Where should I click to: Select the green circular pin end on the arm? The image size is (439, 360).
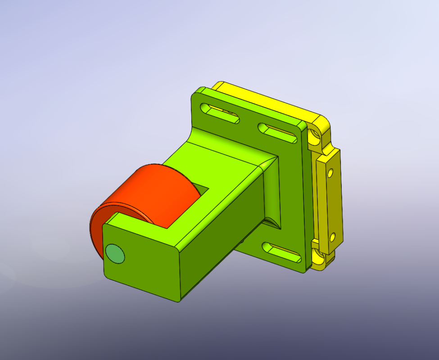[x=115, y=254]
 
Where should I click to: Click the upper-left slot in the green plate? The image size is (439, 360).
[x=220, y=114]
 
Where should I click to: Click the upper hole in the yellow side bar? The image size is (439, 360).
[x=330, y=172]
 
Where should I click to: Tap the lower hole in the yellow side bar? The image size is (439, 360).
[x=332, y=236]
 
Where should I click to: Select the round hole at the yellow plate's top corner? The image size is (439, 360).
[x=314, y=135]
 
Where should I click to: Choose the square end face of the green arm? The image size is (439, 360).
[x=140, y=261]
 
